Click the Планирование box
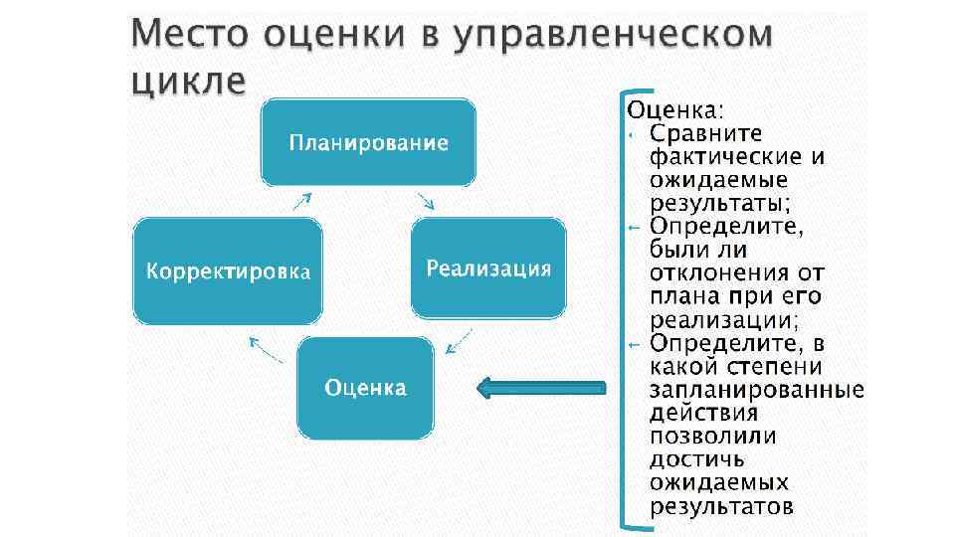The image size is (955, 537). [x=368, y=142]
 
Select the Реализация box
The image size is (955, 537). [x=488, y=269]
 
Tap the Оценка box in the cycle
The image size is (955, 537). [x=366, y=388]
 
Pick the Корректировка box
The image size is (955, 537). [x=229, y=271]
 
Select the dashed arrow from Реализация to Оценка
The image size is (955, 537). [x=458, y=342]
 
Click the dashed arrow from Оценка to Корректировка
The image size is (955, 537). [x=266, y=349]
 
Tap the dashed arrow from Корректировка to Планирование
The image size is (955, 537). [x=301, y=200]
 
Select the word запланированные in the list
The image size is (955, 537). [x=757, y=390]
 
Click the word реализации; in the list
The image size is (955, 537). [x=724, y=320]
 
